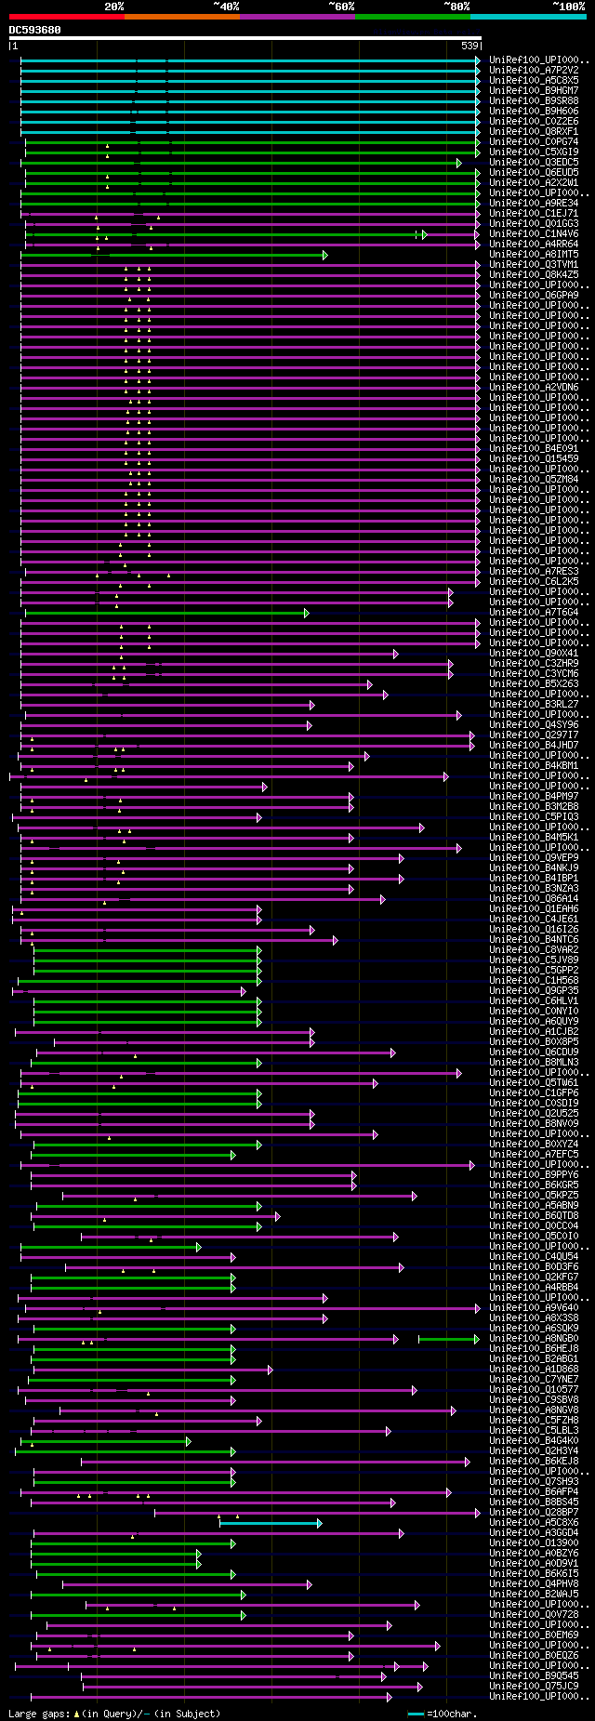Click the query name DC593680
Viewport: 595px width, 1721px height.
35,30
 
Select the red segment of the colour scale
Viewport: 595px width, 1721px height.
66,16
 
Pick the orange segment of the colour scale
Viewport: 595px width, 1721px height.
181,16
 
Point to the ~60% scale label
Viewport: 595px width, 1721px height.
341,7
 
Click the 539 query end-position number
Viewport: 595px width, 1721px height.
469,46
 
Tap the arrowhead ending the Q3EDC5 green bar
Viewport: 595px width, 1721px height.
459,163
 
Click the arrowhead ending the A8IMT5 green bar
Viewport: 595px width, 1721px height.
324,255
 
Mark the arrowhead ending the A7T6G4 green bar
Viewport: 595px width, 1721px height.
306,613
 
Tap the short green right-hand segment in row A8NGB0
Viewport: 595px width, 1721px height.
448,1339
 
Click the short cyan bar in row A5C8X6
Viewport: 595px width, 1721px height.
270,1523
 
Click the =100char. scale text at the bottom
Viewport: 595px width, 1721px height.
451,1713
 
